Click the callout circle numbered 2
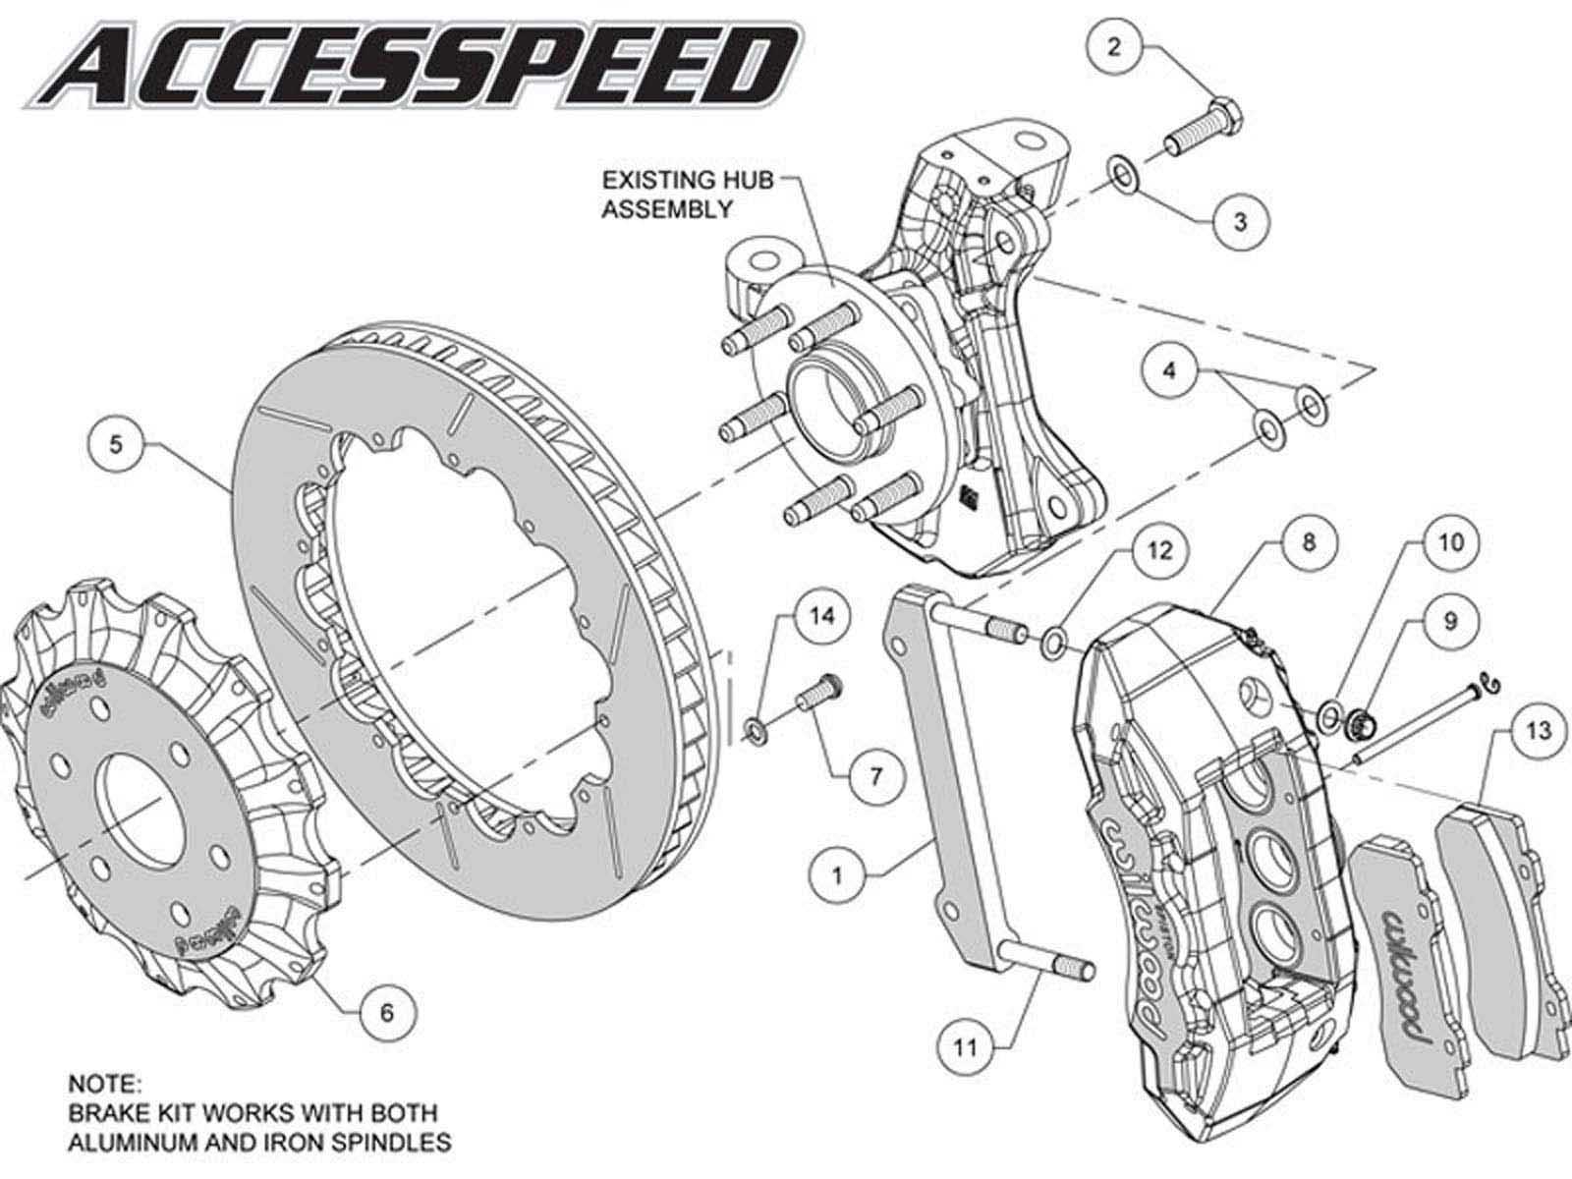pos(1113,47)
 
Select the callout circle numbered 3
pos(1239,221)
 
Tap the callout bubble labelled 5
pos(117,445)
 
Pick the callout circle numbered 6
pos(386,1011)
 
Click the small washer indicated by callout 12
pos(1051,644)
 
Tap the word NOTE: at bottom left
pos(104,1084)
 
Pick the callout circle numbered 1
pos(838,873)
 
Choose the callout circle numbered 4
pos(1168,370)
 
